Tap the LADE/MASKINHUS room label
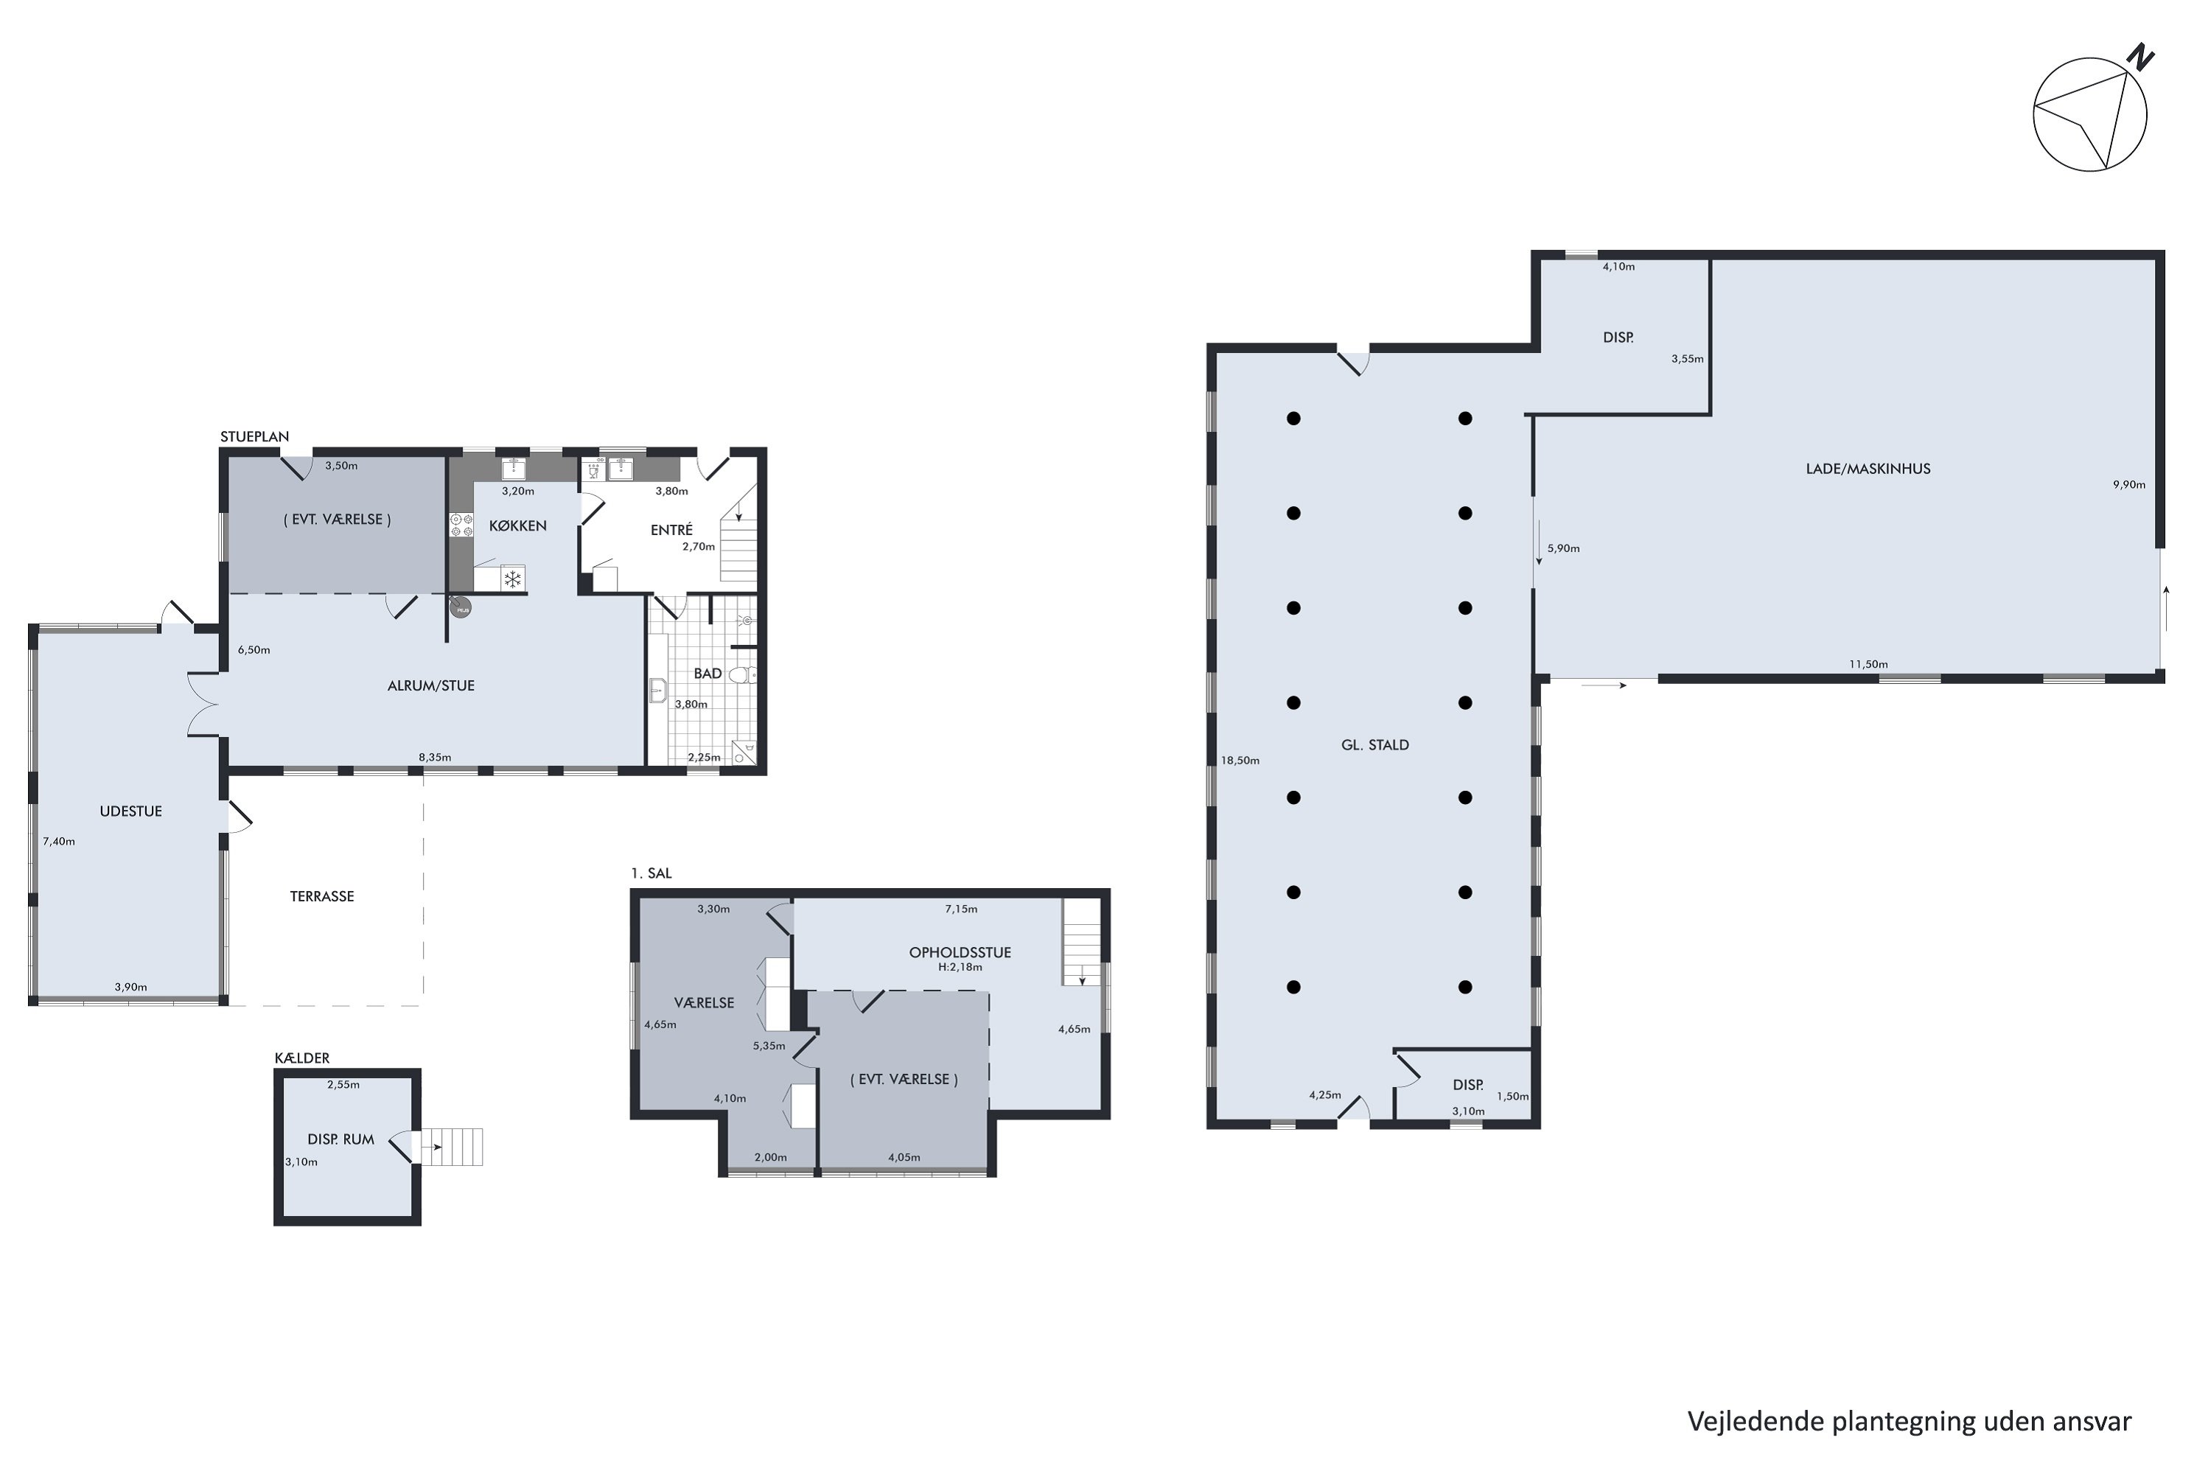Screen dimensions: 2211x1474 click(x=1868, y=468)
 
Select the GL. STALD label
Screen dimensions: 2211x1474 click(x=1375, y=744)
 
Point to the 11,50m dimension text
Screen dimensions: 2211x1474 click(x=1869, y=664)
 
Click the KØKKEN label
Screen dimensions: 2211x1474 click(x=517, y=525)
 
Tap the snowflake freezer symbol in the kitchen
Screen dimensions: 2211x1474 click(x=512, y=579)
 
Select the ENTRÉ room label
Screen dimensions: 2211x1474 click(x=671, y=530)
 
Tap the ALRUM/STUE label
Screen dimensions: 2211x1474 click(x=430, y=686)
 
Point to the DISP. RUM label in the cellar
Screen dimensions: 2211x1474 click(x=340, y=1139)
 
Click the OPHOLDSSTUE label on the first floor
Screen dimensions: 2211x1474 click(x=960, y=952)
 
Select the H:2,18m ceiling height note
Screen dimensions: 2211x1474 click(x=960, y=967)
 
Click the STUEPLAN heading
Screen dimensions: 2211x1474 click(x=255, y=436)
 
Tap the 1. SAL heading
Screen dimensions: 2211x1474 click(x=652, y=873)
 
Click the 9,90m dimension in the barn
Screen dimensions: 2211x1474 click(x=2129, y=485)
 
